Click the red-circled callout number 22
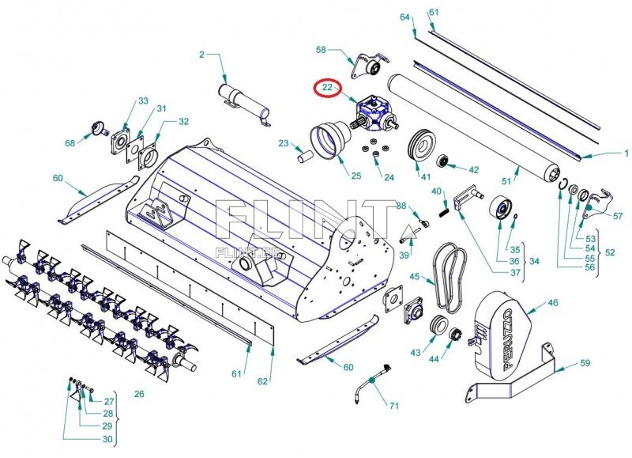326,87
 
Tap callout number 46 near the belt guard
553,302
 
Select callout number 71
393,406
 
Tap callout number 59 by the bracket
585,364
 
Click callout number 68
70,143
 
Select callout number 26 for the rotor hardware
139,393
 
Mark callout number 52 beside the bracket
611,252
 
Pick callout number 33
143,101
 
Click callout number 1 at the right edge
626,153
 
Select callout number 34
535,261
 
